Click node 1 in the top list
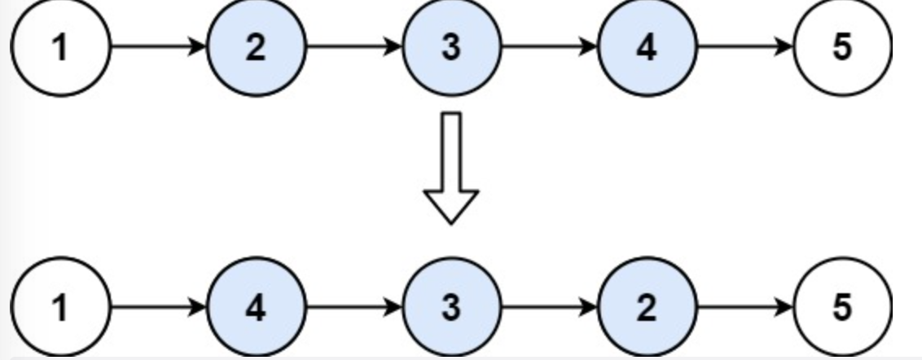point(59,47)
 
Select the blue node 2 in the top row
point(256,47)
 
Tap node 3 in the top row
point(451,47)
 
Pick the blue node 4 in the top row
point(647,47)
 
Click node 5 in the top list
point(842,47)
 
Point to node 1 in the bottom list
point(59,308)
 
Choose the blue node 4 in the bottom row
point(256,308)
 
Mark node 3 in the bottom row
point(451,308)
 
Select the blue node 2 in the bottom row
point(647,308)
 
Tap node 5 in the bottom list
point(842,308)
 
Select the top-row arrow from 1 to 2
point(157,47)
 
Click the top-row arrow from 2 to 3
point(353,47)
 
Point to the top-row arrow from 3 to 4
point(549,47)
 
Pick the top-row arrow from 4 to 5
point(744,47)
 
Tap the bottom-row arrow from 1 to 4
point(157,308)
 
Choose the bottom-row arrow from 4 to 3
point(353,308)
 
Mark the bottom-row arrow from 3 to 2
point(549,308)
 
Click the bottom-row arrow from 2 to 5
point(744,308)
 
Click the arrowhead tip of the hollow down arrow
point(451,221)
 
